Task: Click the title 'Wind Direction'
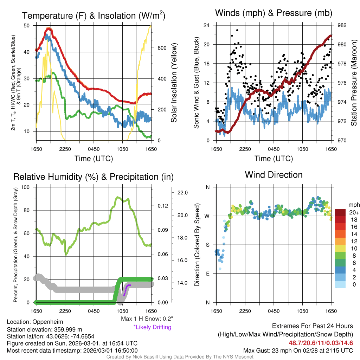click(274, 175)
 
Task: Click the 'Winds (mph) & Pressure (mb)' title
click(274, 13)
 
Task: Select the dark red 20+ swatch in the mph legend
click(341, 212)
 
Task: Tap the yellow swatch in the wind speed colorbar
click(341, 248)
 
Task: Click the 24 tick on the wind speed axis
click(207, 25)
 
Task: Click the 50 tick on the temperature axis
click(27, 25)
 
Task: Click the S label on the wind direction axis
click(207, 245)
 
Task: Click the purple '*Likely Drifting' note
click(152, 327)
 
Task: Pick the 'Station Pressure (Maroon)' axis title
click(354, 83)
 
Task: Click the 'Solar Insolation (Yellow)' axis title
click(174, 83)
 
